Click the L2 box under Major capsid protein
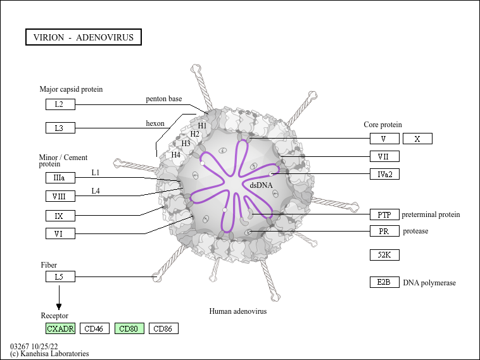[x=60, y=104]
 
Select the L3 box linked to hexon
[x=60, y=128]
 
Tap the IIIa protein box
[x=60, y=178]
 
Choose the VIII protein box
[x=60, y=196]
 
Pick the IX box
[x=60, y=216]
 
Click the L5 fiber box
[x=60, y=276]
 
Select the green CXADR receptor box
[x=60, y=328]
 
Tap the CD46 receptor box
[x=94, y=328]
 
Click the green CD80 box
[x=129, y=328]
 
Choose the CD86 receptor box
[x=163, y=328]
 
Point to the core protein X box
[x=417, y=139]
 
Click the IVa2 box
[x=384, y=174]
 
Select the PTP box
[x=384, y=214]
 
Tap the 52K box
[x=384, y=255]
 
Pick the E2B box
[x=384, y=282]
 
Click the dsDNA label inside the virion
[x=261, y=185]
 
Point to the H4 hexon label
[x=175, y=155]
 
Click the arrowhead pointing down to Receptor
[x=59, y=307]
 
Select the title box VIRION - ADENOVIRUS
[x=84, y=37]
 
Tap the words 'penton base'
[x=164, y=99]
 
